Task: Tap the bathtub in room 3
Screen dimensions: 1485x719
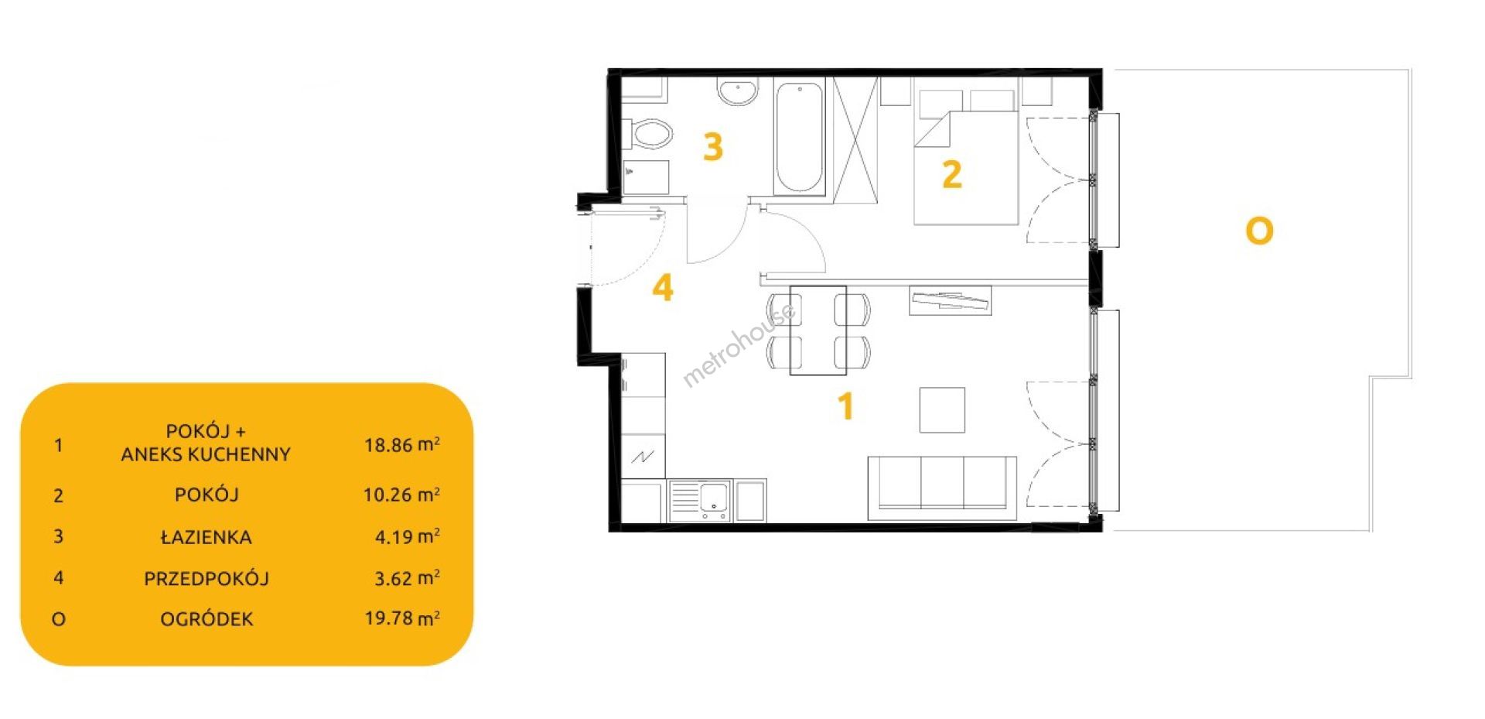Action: coord(800,138)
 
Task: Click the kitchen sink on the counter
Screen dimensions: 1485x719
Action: coord(700,500)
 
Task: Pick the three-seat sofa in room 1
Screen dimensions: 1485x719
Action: coord(942,488)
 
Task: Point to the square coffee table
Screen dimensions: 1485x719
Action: coord(942,410)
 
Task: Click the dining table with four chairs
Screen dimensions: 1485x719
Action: coord(818,330)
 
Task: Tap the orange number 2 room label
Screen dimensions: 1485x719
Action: coord(951,174)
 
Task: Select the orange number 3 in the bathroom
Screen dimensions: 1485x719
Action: coord(712,146)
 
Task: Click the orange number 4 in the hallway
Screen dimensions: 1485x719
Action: coord(663,288)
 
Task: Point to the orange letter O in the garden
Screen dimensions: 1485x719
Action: coord(1259,231)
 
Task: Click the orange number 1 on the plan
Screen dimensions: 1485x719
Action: coord(846,406)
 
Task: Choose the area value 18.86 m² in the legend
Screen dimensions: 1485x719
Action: coord(402,445)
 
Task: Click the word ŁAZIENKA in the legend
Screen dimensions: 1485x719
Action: coord(207,537)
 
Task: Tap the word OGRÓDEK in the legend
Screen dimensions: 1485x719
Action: coord(207,619)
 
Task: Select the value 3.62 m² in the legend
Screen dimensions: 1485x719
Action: coord(408,578)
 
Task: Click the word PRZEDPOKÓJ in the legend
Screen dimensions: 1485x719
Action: coord(207,578)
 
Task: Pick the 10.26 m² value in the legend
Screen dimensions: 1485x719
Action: coord(402,495)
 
